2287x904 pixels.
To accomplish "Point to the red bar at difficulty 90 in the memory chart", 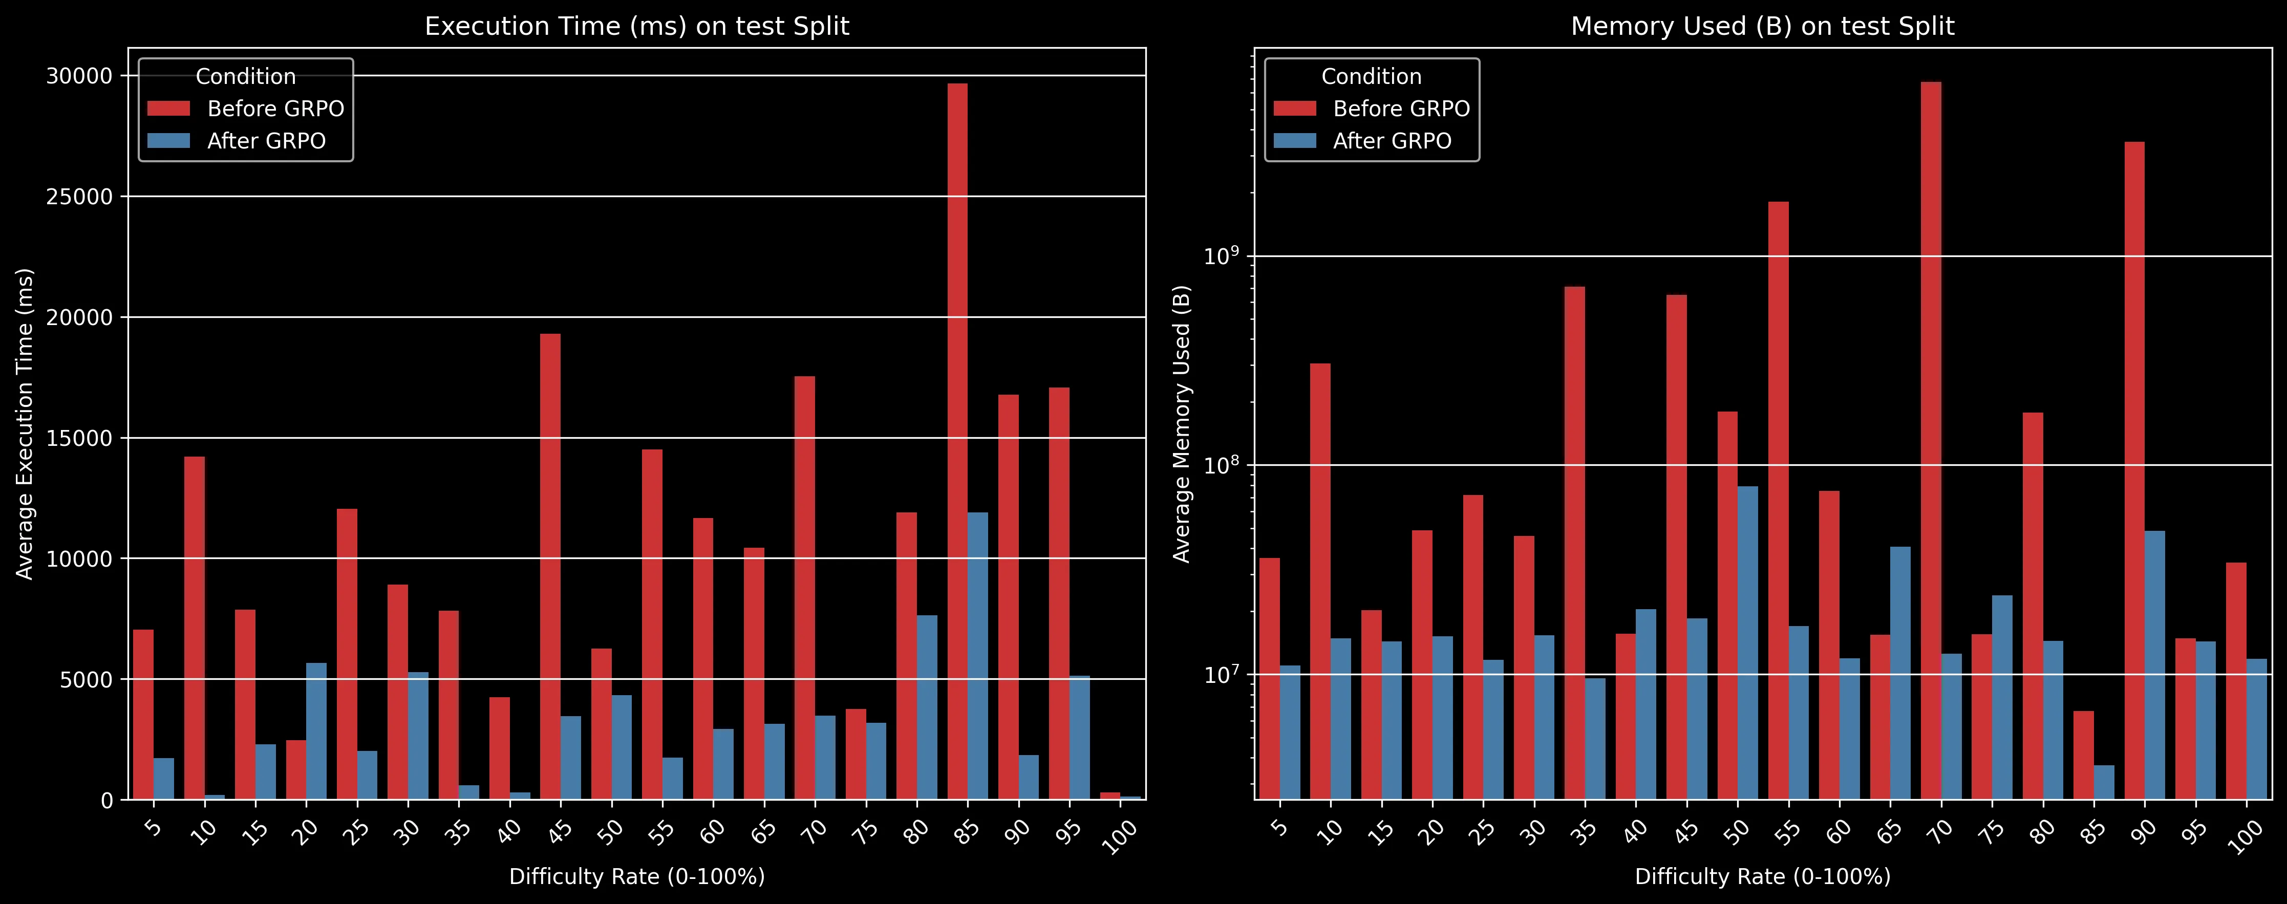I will click(2134, 470).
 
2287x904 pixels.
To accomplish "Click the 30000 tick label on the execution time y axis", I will click(80, 76).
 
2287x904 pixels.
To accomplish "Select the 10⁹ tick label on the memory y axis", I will click(1221, 256).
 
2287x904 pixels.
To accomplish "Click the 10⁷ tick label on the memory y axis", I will click(1221, 675).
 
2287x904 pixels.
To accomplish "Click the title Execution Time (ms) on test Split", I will click(636, 26).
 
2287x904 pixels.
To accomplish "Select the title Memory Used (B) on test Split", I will click(1762, 26).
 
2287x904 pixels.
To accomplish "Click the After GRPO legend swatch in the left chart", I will click(168, 140).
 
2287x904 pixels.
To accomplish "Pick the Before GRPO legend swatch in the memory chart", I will click(1294, 109).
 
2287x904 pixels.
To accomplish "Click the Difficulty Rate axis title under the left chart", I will click(636, 876).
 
